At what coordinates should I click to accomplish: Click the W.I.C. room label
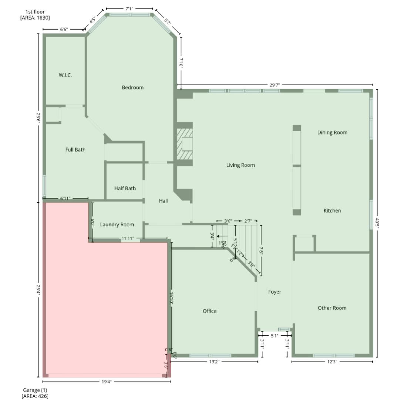coord(65,75)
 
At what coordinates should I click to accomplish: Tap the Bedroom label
coord(132,87)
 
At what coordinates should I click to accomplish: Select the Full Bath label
coord(75,150)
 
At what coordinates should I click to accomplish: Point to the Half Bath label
coord(125,188)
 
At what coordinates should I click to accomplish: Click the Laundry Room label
coord(117,224)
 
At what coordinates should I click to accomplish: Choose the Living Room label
coord(240,165)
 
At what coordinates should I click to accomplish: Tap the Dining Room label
coord(332,133)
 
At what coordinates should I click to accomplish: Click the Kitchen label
coord(332,211)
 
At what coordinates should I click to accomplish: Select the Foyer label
coord(275,292)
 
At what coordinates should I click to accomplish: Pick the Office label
coord(209,311)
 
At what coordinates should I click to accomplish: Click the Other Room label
coord(332,308)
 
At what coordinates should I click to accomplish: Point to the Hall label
coord(163,201)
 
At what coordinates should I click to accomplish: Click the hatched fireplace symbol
coord(184,144)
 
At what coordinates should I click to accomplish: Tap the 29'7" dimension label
coord(275,85)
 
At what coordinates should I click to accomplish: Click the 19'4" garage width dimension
coord(107,382)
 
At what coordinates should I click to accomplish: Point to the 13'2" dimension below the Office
coord(214,362)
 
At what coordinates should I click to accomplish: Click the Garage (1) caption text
coord(35,390)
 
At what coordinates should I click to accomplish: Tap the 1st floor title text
coord(35,12)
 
